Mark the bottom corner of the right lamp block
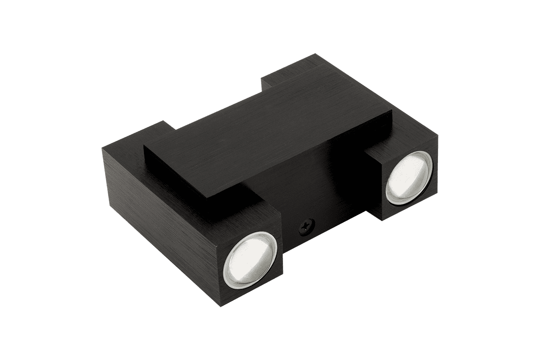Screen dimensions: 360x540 [381, 220]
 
